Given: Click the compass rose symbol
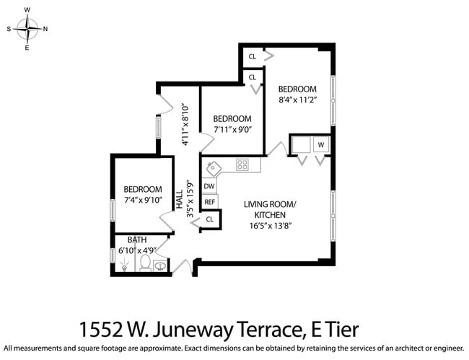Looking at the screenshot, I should point(27,29).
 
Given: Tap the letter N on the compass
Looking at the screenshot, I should point(45,29).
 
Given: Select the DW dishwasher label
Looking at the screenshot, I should point(209,186).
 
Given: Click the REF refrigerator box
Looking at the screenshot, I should point(209,202).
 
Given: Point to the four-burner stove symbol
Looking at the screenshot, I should point(242,164).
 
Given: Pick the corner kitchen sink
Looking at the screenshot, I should point(213,169).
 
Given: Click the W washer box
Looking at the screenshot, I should point(321,145).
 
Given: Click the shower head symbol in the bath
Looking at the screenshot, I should point(124,267).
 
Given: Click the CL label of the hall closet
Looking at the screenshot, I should point(210,219).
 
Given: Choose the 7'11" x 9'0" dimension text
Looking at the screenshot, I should point(232,130).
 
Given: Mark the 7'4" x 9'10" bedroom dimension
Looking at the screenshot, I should point(142,200).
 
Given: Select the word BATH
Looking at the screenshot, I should point(136,240).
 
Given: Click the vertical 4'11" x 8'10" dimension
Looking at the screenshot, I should point(186,124).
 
